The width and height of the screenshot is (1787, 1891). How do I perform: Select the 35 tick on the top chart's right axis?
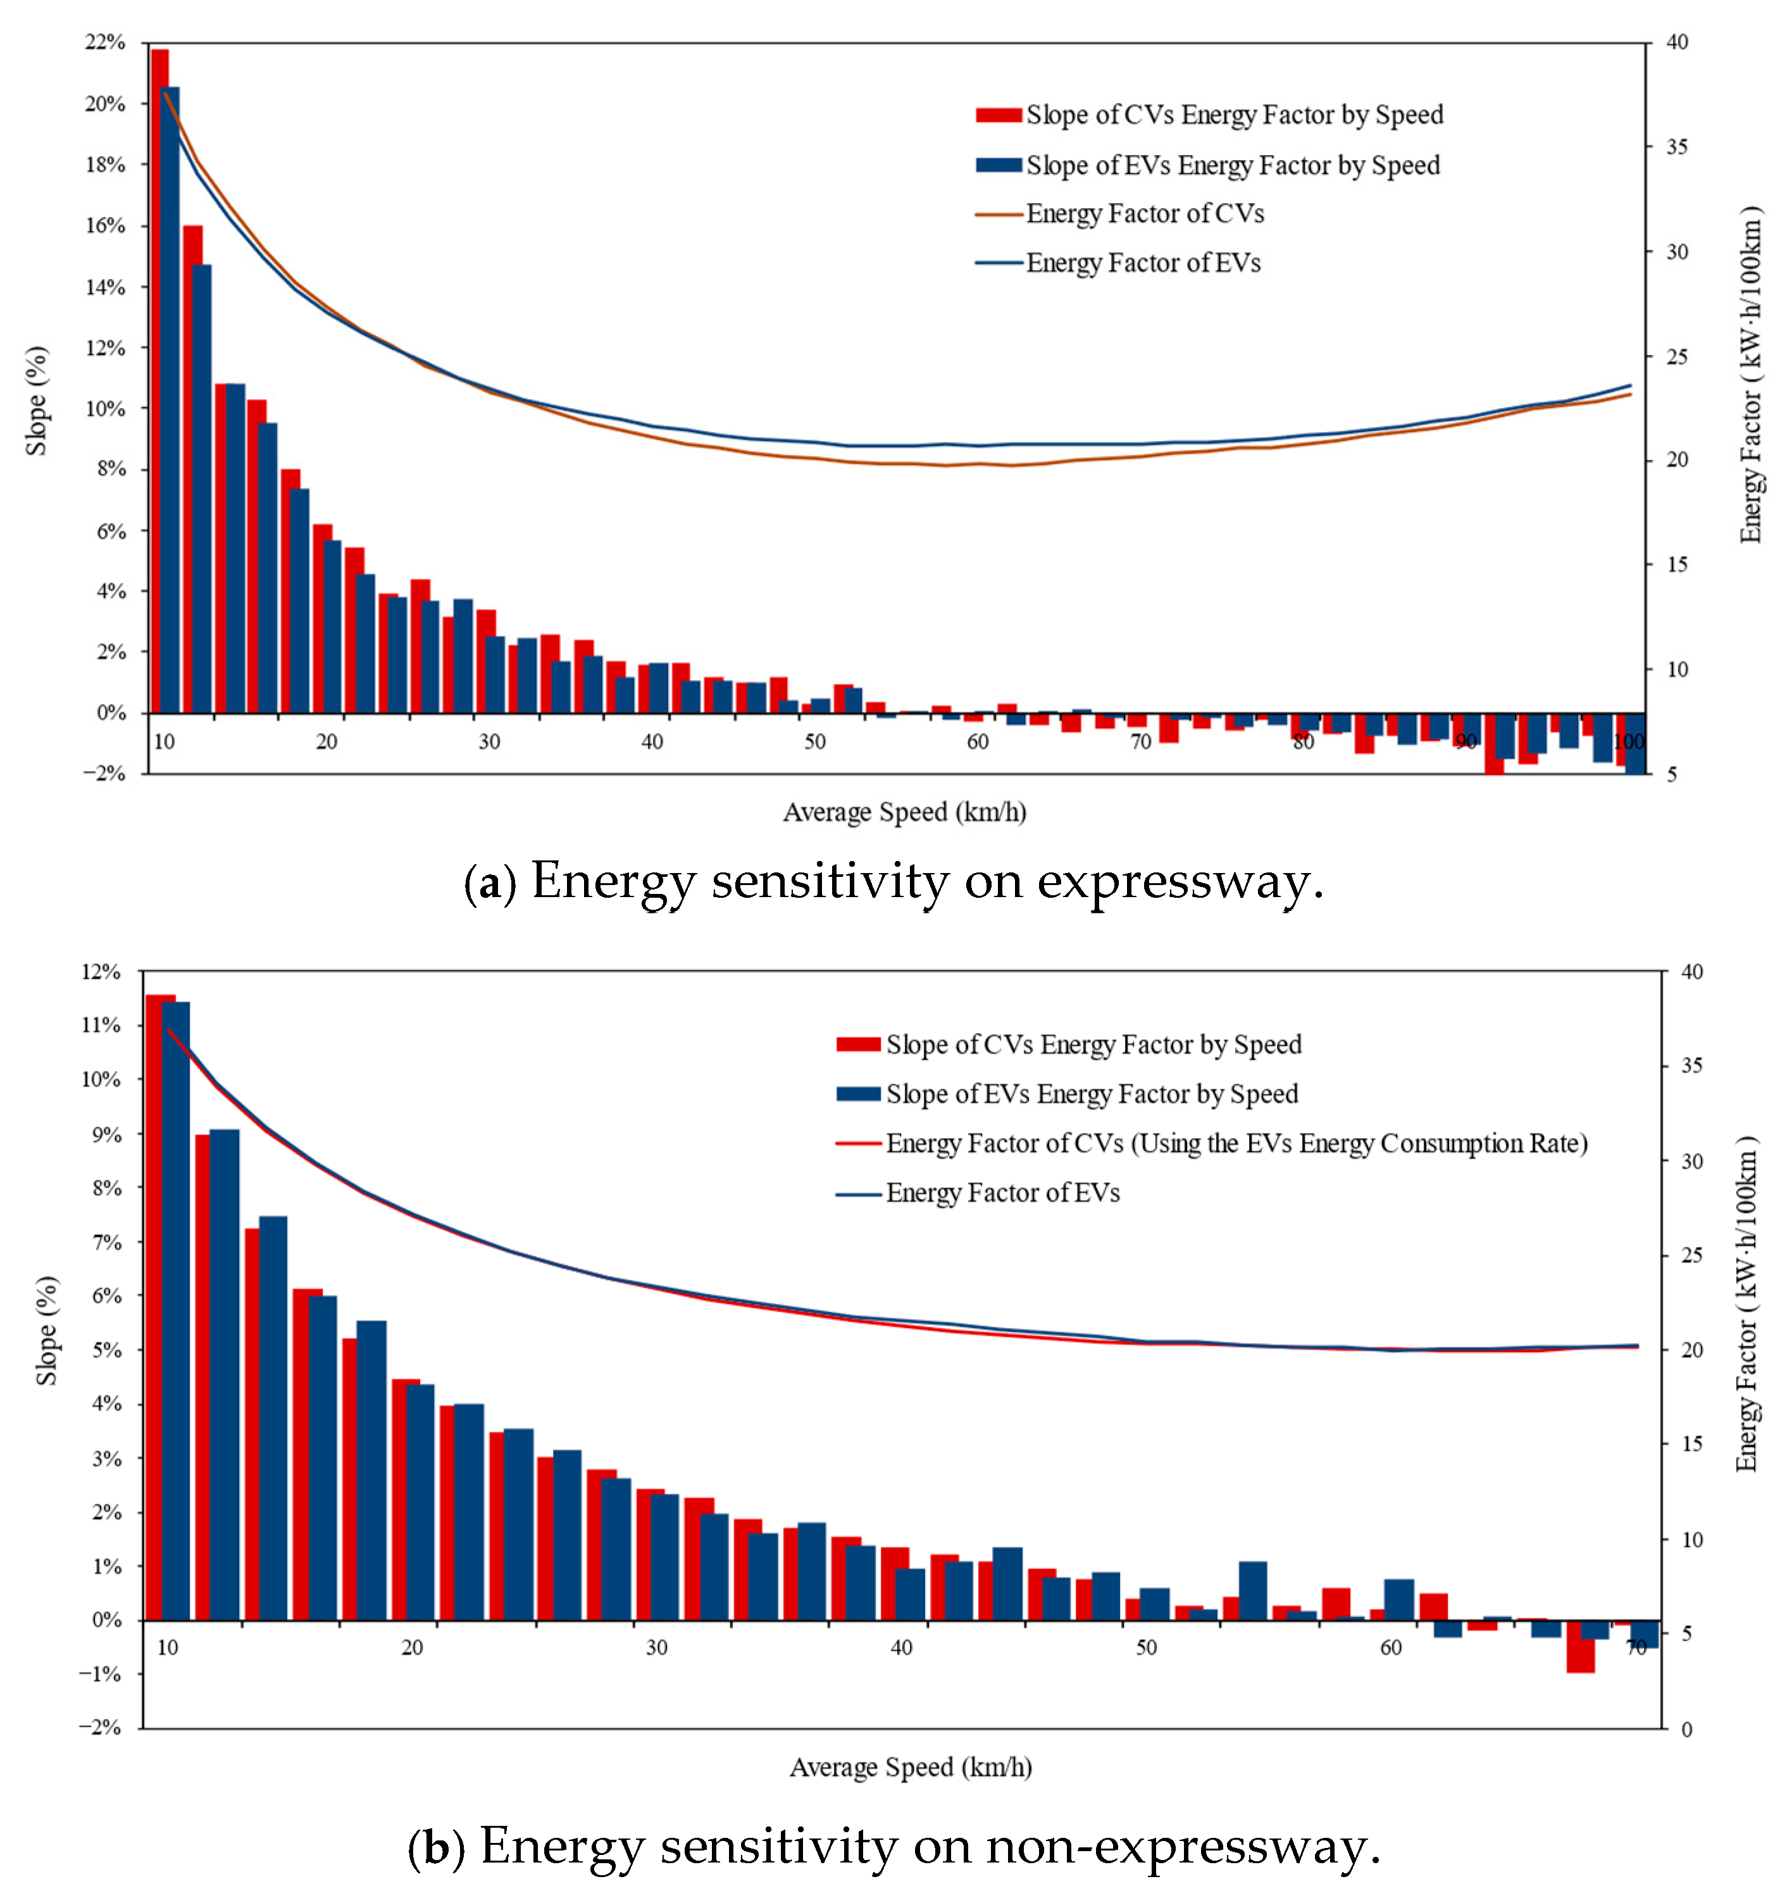click(1676, 147)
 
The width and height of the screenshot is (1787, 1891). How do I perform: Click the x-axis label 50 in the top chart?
click(814, 741)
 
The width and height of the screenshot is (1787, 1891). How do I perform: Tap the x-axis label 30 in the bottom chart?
click(656, 1647)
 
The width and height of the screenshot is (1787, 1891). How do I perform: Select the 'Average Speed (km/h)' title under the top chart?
click(904, 812)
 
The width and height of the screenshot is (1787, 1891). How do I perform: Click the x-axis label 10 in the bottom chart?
click(168, 1647)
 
